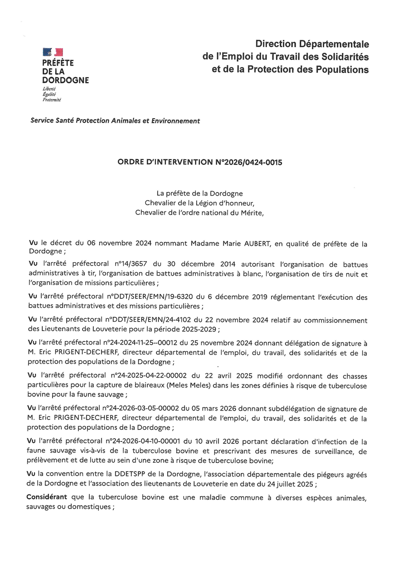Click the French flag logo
(x=53, y=52)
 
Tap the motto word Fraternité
(x=51, y=100)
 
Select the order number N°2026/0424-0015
(x=247, y=162)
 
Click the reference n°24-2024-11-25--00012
(x=144, y=344)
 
